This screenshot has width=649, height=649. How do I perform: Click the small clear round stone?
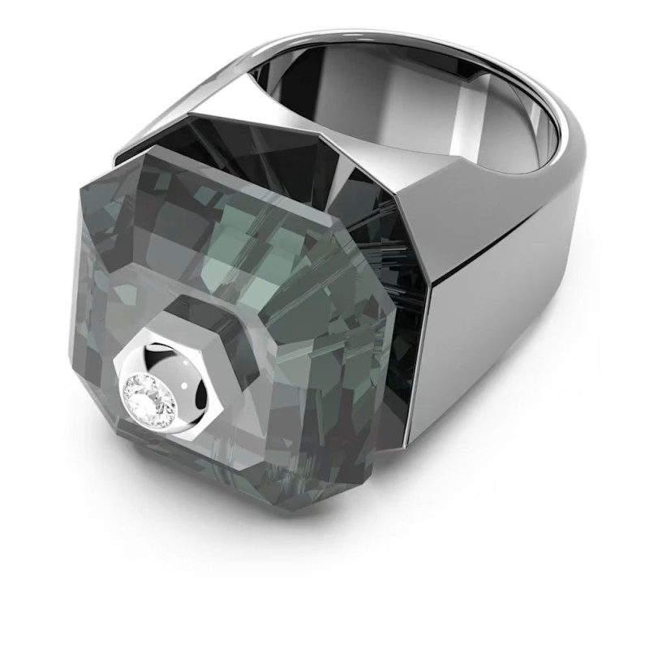147,398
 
